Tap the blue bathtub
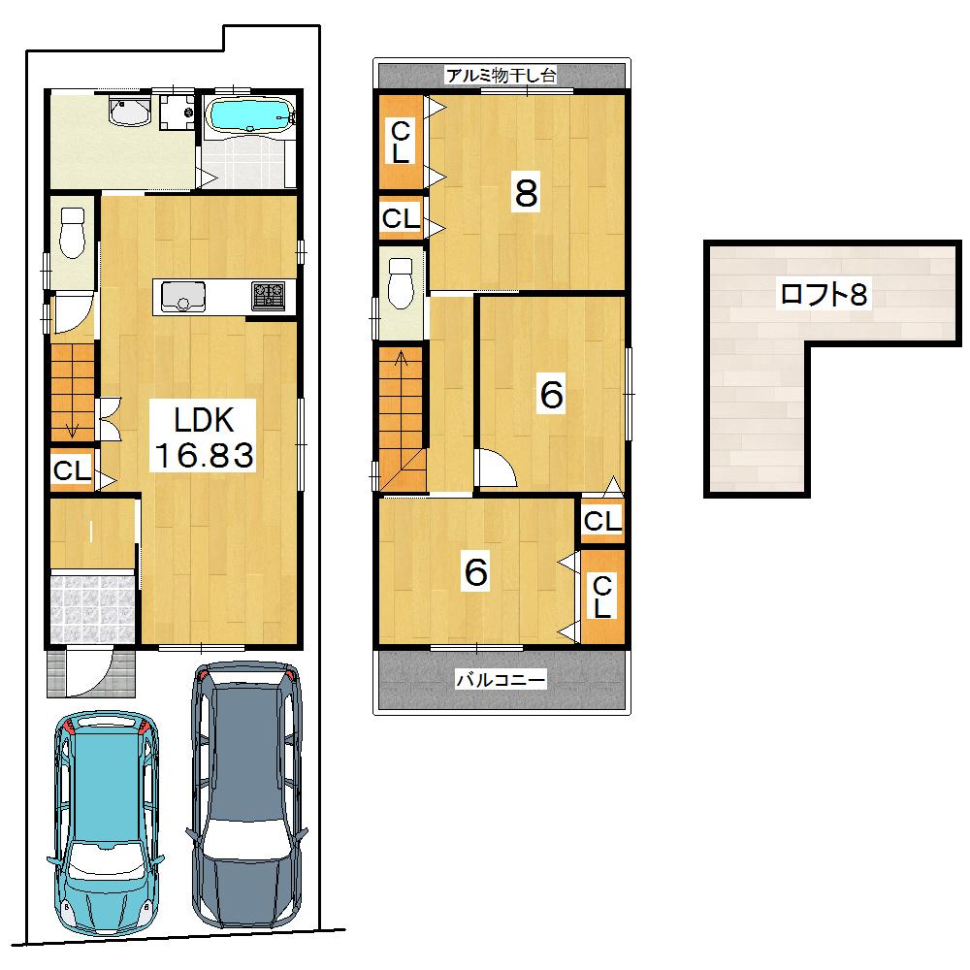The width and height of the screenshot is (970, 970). point(251,116)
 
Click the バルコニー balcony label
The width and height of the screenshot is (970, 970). point(501,680)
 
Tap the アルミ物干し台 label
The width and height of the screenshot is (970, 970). point(501,75)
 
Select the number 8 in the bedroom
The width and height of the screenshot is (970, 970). point(526,194)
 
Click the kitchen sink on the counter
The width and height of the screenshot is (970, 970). point(178,296)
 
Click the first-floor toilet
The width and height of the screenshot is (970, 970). point(73,233)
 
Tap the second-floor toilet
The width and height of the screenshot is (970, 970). point(400,280)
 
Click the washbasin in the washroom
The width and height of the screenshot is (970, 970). point(129,113)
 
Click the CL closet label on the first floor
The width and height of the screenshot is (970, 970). point(72,472)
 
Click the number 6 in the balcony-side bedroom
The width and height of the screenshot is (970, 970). point(475,572)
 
